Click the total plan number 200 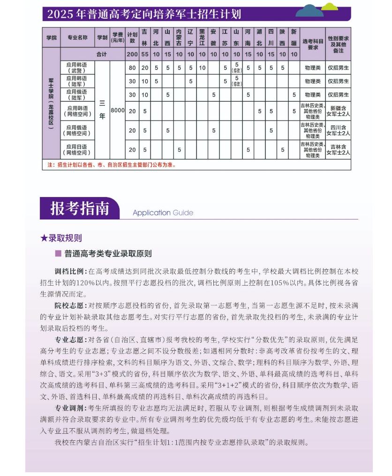point(132,54)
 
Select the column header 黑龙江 point(202,38)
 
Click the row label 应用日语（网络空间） point(77,150)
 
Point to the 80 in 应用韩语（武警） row point(132,68)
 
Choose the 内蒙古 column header point(179,38)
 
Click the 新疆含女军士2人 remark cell point(338,111)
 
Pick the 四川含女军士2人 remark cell point(338,130)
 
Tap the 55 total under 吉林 point(145,54)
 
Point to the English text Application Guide point(163,212)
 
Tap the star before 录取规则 point(44,238)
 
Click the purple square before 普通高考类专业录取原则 point(58,253)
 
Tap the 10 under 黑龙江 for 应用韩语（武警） point(202,68)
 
